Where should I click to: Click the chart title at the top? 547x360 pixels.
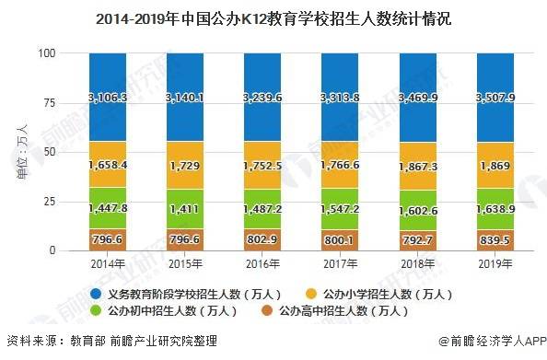point(273,18)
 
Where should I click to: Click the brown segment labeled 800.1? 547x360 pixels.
point(347,239)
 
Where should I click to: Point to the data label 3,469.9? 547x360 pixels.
point(425,97)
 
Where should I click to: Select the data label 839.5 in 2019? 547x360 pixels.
point(502,238)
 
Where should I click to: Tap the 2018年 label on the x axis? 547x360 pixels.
point(425,263)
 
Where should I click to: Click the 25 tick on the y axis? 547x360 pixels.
point(52,202)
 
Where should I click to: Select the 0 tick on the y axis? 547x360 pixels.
point(55,250)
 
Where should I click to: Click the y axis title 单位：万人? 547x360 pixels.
point(22,152)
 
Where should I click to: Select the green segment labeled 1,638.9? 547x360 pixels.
point(502,208)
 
